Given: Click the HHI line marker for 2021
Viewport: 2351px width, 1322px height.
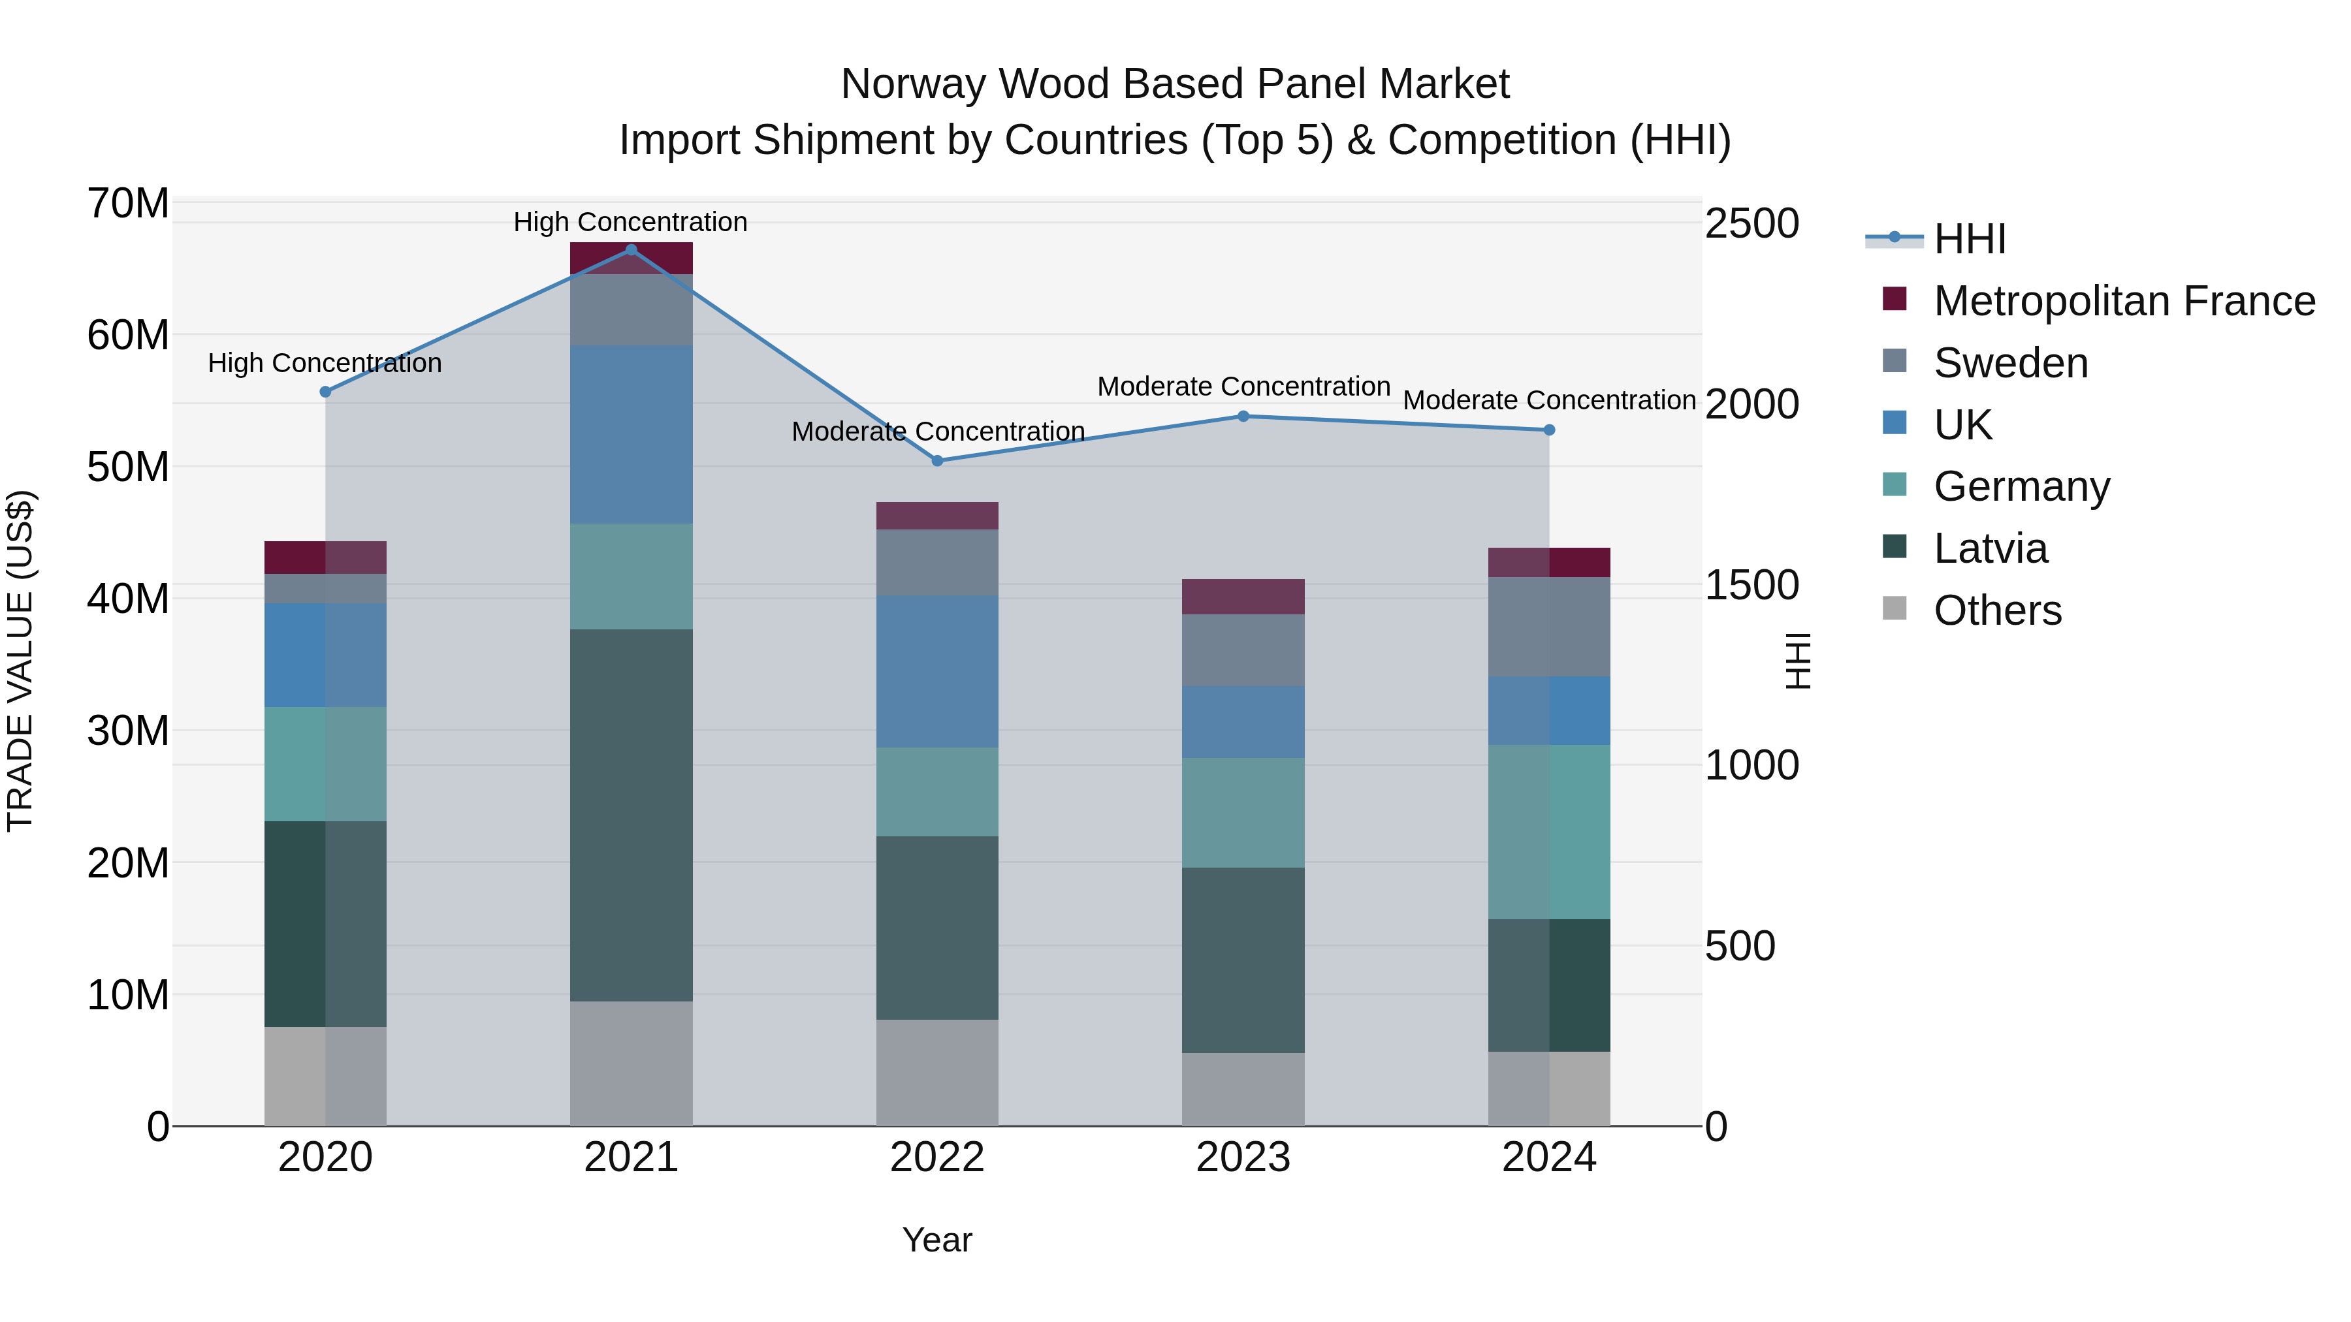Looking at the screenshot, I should pos(631,250).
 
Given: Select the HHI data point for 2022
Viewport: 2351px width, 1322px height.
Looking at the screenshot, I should pos(937,461).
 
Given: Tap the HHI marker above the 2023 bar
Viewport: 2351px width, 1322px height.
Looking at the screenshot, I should pos(1243,416).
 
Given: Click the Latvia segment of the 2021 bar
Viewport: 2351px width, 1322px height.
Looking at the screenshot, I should pos(631,815).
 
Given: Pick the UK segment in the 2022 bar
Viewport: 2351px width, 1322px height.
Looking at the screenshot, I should pos(937,672).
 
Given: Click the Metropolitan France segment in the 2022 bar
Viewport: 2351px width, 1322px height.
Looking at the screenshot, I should pos(937,516).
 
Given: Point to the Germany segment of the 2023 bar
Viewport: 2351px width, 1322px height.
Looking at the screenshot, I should pos(1243,812).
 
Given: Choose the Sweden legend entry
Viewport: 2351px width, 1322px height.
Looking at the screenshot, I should pos(2011,363).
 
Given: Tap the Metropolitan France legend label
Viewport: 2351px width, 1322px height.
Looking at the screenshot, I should pos(2124,301).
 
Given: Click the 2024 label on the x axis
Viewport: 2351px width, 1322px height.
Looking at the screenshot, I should pos(1549,1157).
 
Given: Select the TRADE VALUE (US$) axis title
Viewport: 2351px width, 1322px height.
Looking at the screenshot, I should pos(20,661).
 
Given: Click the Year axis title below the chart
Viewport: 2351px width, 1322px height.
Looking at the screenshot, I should pos(937,1240).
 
